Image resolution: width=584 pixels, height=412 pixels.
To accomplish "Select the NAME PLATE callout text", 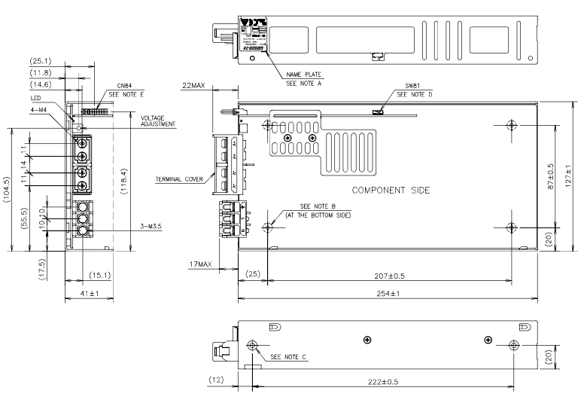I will click(303, 76).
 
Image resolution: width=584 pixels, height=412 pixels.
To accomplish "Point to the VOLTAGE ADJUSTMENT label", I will click(158, 121).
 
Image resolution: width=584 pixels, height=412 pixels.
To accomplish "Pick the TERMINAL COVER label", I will click(180, 179).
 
